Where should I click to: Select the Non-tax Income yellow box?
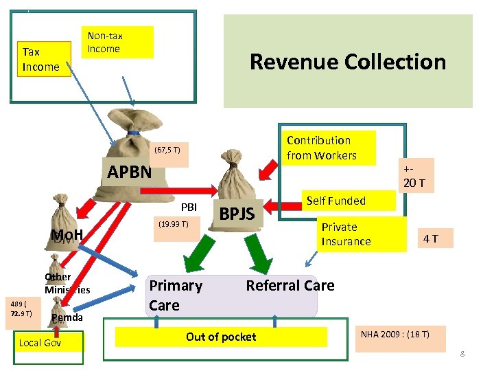117,42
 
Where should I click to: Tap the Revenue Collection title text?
348,62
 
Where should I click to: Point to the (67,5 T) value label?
167,149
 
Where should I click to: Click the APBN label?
130,171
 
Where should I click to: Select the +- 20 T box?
414,177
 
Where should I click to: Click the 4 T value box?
430,238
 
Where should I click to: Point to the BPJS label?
237,215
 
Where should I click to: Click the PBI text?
188,207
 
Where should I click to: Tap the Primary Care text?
176,295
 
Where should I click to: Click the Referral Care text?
290,286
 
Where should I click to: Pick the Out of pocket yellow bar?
221,337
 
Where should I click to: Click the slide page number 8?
462,354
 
